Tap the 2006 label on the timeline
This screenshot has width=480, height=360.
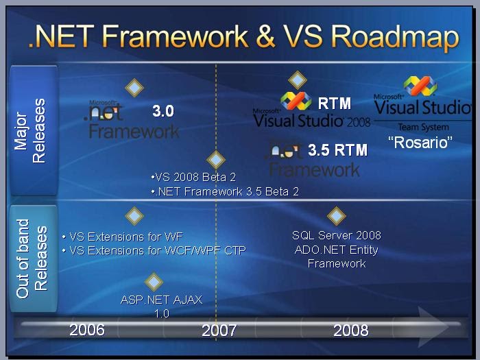click(x=87, y=330)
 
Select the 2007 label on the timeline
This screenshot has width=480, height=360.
click(x=219, y=331)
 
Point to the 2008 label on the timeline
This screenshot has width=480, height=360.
click(x=350, y=331)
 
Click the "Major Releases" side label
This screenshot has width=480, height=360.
click(x=30, y=130)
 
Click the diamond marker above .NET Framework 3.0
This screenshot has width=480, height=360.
click(x=134, y=87)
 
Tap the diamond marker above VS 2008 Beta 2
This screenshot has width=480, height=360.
click(x=216, y=160)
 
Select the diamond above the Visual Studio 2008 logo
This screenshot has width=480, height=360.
click(x=296, y=80)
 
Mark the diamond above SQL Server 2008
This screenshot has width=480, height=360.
click(x=336, y=216)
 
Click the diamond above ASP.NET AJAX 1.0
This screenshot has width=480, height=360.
click(x=154, y=281)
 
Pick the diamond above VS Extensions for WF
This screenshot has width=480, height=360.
click(x=134, y=216)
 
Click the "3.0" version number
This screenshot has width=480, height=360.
click(x=163, y=111)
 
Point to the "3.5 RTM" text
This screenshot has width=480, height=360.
click(x=337, y=149)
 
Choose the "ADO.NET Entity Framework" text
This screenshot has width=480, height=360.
click(x=336, y=256)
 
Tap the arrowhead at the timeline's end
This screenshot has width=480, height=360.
click(x=434, y=323)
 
